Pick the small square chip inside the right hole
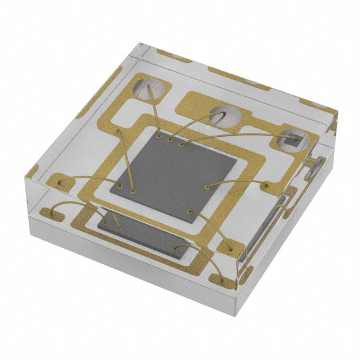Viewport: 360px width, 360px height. (293, 138)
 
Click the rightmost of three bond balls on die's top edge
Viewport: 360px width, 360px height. (181, 144)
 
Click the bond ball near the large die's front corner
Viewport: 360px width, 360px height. (189, 212)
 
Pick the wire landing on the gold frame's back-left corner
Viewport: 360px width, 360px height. (119, 130)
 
